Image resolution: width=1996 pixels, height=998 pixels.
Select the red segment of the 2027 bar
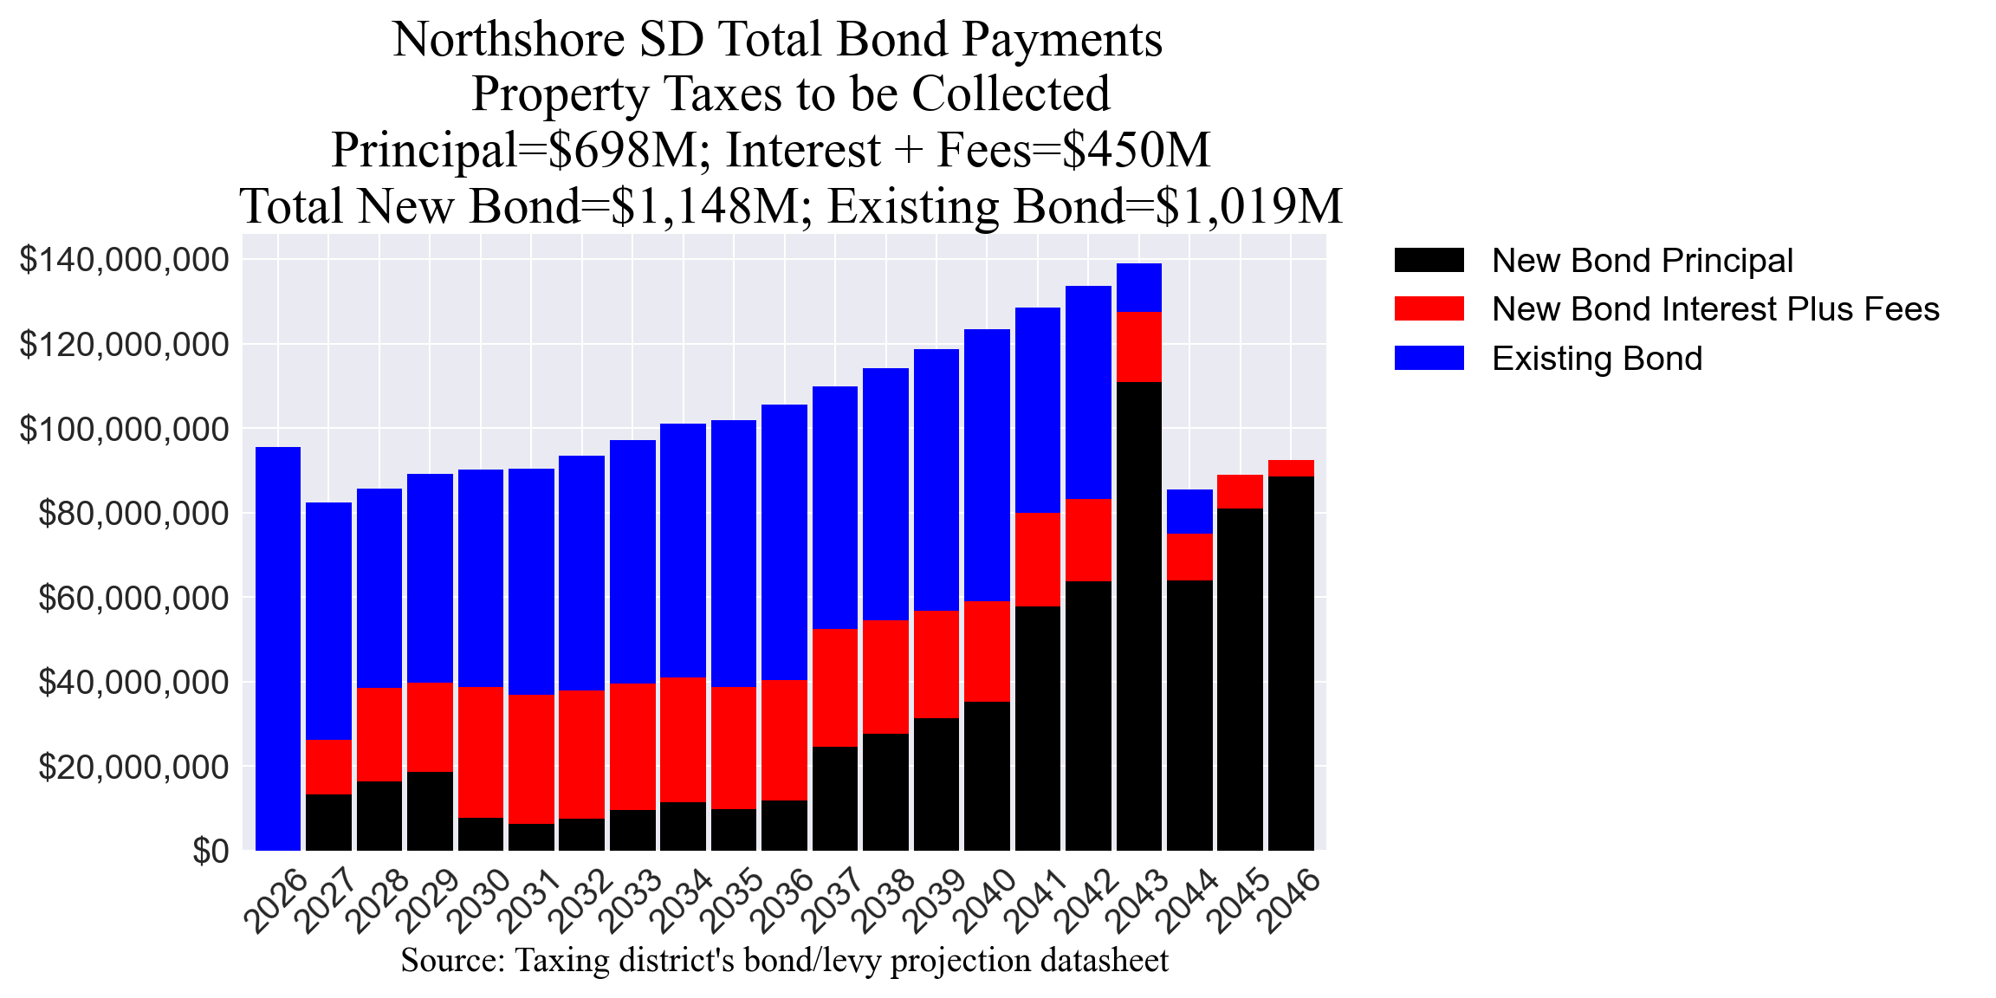(x=328, y=767)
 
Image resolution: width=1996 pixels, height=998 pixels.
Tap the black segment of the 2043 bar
(x=1138, y=615)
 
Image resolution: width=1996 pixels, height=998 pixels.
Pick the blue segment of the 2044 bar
(x=1189, y=511)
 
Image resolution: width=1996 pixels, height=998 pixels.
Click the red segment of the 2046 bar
(x=1291, y=468)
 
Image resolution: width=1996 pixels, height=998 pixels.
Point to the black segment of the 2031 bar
(x=531, y=837)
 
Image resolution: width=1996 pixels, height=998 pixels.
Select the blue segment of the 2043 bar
(x=1138, y=287)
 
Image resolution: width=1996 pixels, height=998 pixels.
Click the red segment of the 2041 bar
(x=1037, y=559)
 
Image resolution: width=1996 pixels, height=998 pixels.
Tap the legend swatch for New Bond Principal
(x=1429, y=261)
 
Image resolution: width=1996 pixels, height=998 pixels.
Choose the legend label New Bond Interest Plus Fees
(x=1714, y=309)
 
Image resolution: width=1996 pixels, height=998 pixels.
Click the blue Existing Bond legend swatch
(x=1429, y=358)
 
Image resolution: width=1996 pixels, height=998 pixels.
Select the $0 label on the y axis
(x=211, y=851)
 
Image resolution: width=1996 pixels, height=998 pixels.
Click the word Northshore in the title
(x=508, y=40)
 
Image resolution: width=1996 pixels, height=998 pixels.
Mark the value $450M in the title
(x=1136, y=150)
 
